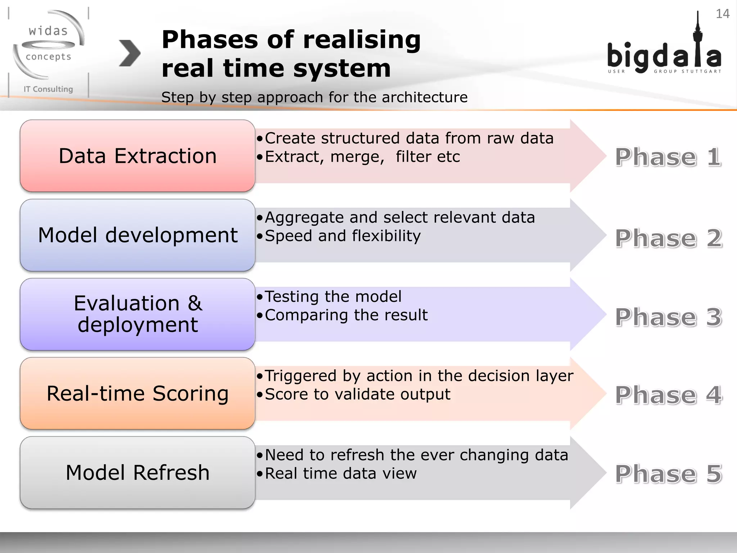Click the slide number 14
pos(722,14)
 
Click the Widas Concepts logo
pos(49,45)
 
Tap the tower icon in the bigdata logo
pos(698,40)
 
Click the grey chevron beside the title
pos(129,53)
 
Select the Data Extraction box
pos(137,156)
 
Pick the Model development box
pos(137,235)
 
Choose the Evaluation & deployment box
pos(137,314)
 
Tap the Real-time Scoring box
pos(137,393)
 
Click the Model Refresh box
pos(137,472)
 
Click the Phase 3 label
pos(668,317)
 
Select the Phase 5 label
pos(668,474)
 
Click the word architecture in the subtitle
pos(425,97)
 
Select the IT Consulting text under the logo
pos(48,89)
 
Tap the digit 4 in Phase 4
pos(714,395)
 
